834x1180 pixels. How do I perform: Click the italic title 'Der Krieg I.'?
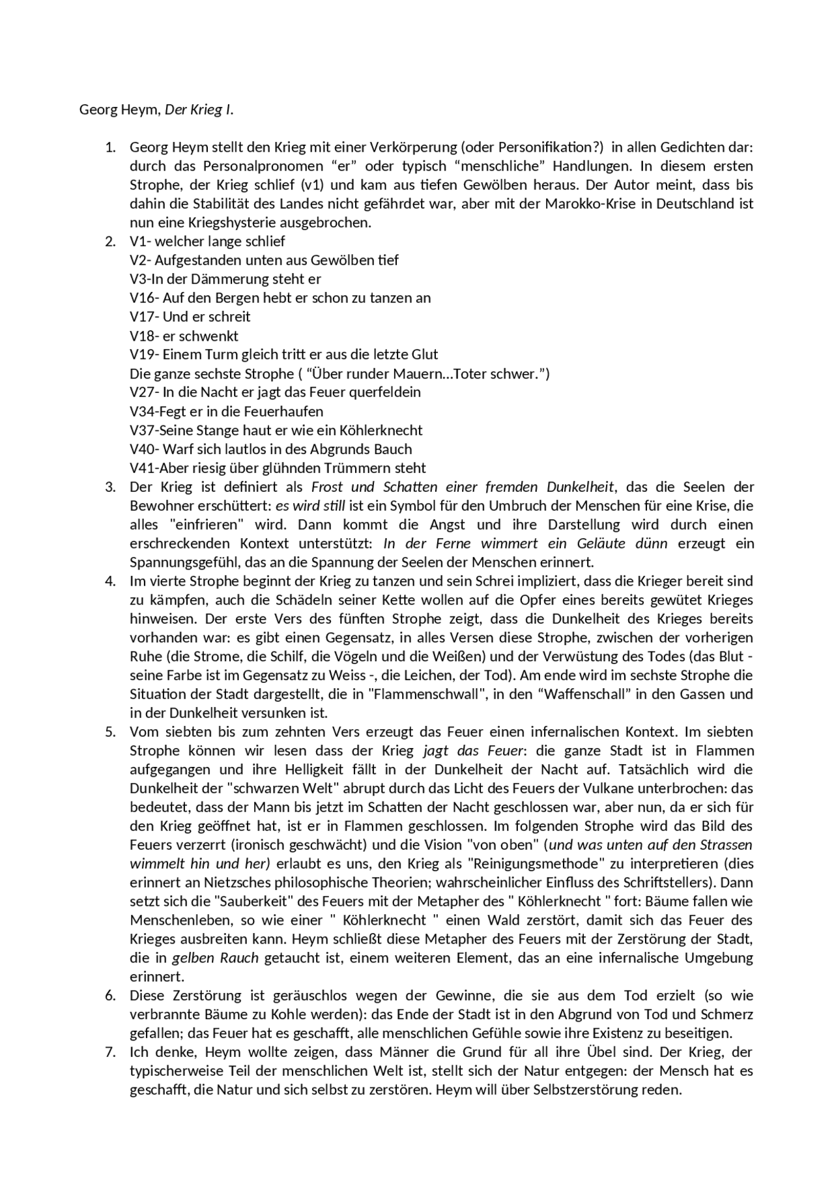(x=199, y=109)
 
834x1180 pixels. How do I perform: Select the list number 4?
(x=110, y=581)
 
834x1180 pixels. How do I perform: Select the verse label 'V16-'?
(x=145, y=298)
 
